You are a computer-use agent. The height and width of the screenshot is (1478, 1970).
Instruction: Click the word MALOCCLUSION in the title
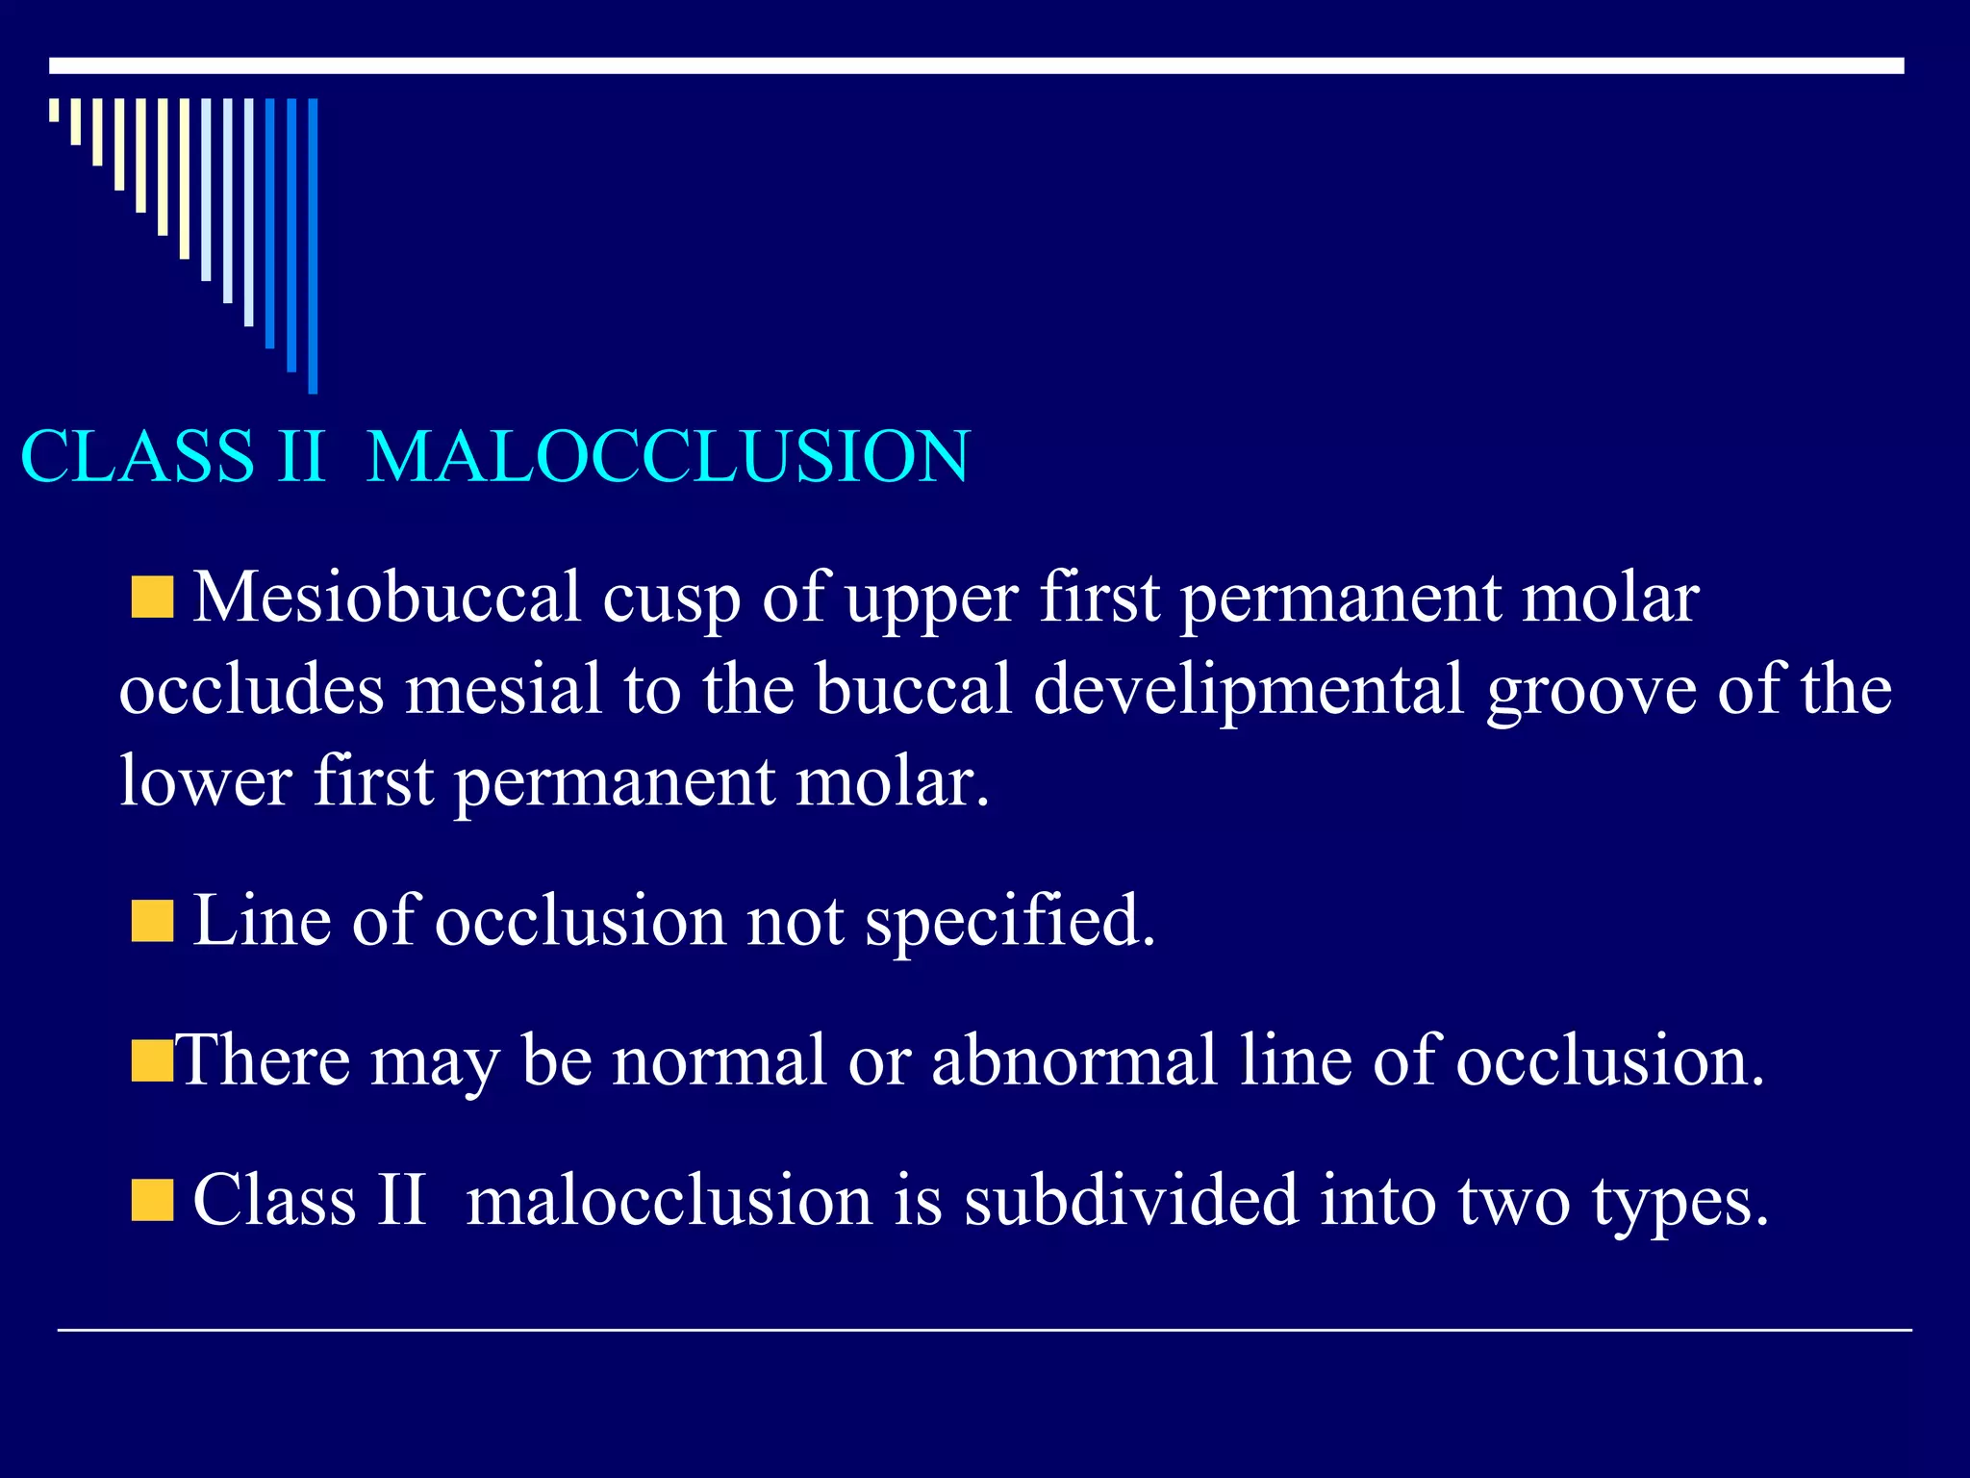[x=669, y=456]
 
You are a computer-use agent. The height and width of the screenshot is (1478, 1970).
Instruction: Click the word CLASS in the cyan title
[x=137, y=456]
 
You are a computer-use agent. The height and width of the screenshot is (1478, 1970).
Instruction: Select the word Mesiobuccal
[x=387, y=599]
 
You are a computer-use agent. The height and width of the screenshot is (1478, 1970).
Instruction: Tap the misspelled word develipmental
[x=1249, y=690]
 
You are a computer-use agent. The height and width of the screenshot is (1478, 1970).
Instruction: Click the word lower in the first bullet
[x=205, y=781]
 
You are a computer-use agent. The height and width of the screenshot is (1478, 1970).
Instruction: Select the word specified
[x=1008, y=922]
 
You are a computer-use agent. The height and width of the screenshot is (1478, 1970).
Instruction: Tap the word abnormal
[x=1074, y=1060]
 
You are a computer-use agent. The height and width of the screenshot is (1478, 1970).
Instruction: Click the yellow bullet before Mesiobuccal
[x=152, y=598]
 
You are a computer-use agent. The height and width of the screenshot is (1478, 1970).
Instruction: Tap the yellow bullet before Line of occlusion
[x=152, y=921]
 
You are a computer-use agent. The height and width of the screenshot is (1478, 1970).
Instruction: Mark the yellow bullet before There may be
[x=152, y=1060]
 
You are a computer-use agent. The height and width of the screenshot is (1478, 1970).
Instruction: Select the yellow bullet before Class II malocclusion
[x=152, y=1200]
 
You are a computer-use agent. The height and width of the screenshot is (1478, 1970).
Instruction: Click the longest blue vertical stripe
[x=313, y=245]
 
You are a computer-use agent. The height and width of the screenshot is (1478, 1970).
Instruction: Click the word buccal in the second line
[x=914, y=690]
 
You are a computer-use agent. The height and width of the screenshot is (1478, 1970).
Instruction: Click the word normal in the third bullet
[x=720, y=1060]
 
